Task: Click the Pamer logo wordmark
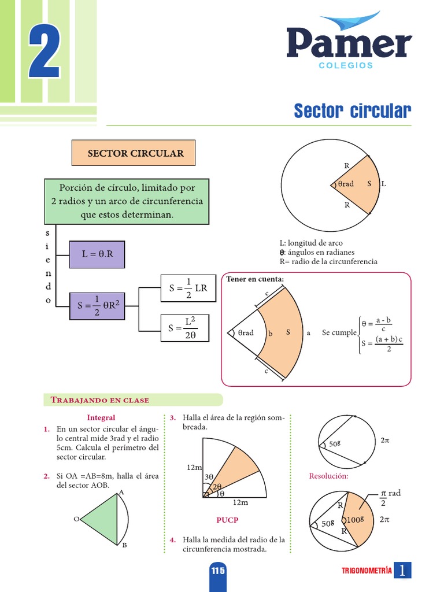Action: (349, 43)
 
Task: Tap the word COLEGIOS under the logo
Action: (346, 65)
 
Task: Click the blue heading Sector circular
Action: (352, 110)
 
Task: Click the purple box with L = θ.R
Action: (96, 254)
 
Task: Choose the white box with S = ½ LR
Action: (188, 288)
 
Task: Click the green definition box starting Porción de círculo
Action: (127, 201)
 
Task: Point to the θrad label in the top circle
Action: (345, 184)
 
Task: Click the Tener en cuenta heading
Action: (255, 279)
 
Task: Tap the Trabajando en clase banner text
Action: (100, 399)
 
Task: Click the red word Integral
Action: (101, 417)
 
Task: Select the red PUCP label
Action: (227, 520)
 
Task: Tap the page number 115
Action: (217, 571)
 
